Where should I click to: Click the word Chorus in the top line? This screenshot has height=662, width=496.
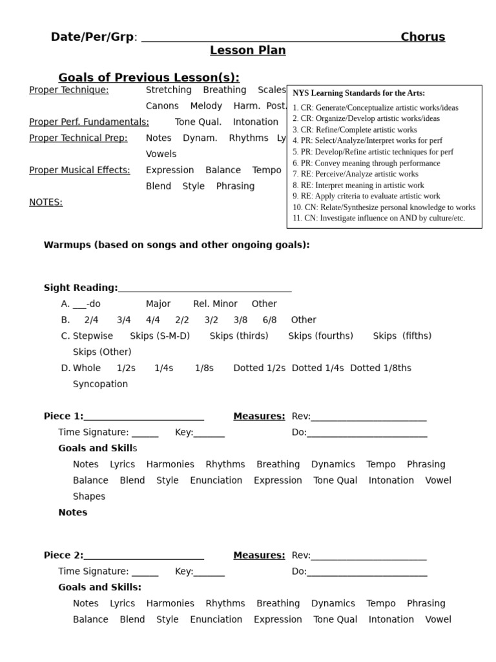pyautogui.click(x=423, y=37)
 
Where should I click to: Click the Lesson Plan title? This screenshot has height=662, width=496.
pyautogui.click(x=247, y=50)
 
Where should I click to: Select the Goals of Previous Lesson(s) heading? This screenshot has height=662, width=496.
pyautogui.click(x=149, y=78)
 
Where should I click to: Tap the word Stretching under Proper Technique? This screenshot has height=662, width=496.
pyautogui.click(x=169, y=90)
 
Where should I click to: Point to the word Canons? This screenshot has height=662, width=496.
pyautogui.click(x=162, y=106)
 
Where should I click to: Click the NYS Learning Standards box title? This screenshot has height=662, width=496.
pyautogui.click(x=358, y=93)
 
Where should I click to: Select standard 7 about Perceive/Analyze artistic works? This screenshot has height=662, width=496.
pyautogui.click(x=355, y=174)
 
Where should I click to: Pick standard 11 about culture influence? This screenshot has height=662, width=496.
pyautogui.click(x=378, y=219)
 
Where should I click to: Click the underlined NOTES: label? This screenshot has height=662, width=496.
pyautogui.click(x=46, y=202)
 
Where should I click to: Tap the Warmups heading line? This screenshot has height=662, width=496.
pyautogui.click(x=176, y=245)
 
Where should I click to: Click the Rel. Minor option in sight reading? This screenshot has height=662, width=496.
pyautogui.click(x=215, y=304)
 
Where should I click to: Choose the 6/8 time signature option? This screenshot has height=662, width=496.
pyautogui.click(x=269, y=320)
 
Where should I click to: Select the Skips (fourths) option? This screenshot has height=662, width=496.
pyautogui.click(x=320, y=336)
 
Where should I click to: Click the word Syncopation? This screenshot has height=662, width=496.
pyautogui.click(x=100, y=384)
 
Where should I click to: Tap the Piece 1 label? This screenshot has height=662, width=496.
pyautogui.click(x=63, y=416)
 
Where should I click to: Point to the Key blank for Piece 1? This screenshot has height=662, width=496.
pyautogui.click(x=209, y=433)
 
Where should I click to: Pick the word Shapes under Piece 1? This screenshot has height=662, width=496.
pyautogui.click(x=89, y=496)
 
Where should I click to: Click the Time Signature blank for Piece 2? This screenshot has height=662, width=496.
pyautogui.click(x=145, y=572)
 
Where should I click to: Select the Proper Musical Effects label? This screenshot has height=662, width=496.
pyautogui.click(x=79, y=170)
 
